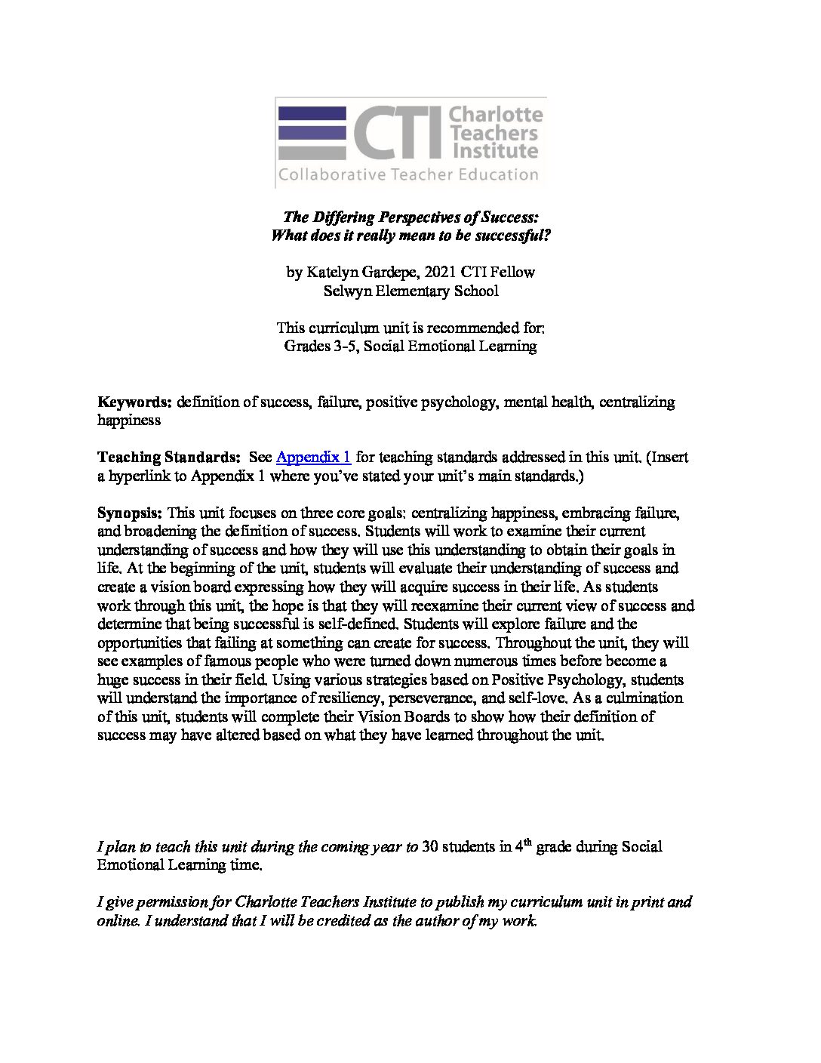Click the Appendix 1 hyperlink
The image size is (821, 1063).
[x=314, y=457]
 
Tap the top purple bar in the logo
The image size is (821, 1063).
[x=312, y=114]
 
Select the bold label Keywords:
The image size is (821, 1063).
[x=135, y=402]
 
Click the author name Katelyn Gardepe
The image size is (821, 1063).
[x=357, y=273]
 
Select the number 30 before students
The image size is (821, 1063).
[x=430, y=846]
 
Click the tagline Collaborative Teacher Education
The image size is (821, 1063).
[x=408, y=175]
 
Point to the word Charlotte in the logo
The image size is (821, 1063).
[x=496, y=115]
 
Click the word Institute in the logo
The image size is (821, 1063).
[x=495, y=150]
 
